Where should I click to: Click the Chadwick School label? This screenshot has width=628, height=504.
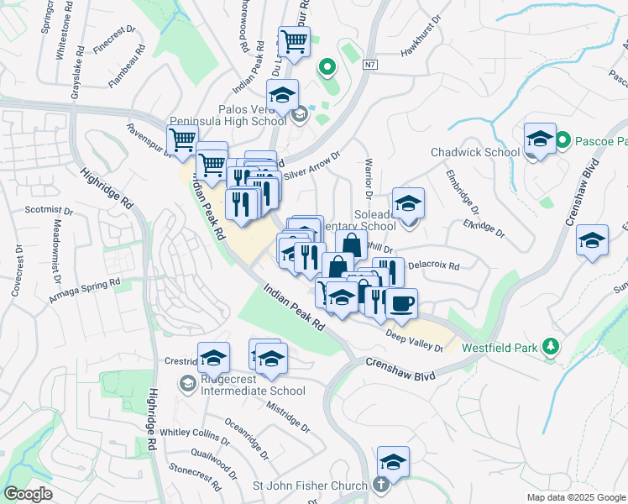click(474, 152)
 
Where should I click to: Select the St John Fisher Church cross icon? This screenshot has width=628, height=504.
click(381, 486)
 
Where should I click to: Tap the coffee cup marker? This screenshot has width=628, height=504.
click(401, 302)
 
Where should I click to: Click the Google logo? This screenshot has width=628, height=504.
click(27, 494)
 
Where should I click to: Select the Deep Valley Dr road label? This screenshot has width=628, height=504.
click(414, 341)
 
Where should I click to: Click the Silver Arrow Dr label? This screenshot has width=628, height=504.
click(311, 165)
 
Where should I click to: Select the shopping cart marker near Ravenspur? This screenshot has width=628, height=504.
click(182, 139)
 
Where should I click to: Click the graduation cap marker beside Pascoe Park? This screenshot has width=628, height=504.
click(539, 138)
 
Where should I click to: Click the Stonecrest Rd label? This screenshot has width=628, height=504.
click(195, 475)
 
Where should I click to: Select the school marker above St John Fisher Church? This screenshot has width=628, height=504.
click(393, 461)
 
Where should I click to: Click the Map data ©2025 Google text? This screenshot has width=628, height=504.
click(575, 497)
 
